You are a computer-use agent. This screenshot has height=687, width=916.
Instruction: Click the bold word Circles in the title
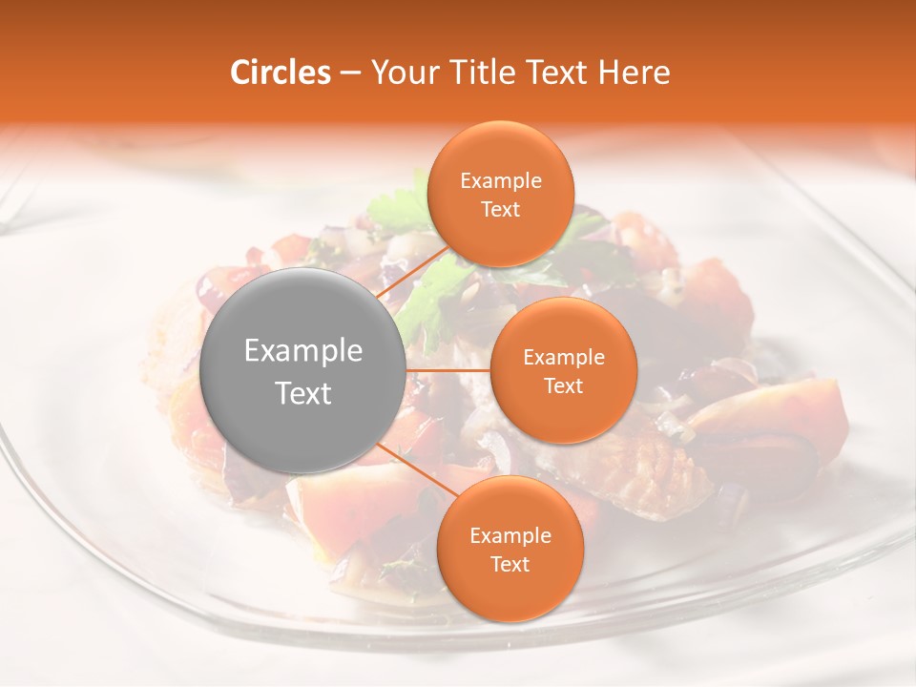[x=281, y=73]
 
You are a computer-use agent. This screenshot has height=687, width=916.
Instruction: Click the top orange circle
[x=500, y=194]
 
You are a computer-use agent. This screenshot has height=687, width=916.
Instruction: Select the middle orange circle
[x=563, y=370]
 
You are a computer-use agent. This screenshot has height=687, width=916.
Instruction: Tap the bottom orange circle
[x=510, y=549]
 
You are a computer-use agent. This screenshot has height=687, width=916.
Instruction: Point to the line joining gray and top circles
[x=412, y=276]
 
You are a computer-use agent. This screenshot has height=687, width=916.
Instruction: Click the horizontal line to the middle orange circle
[x=448, y=370]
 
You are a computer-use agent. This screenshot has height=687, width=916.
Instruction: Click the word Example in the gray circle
[x=303, y=350]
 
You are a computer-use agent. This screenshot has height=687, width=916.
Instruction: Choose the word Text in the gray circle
[x=303, y=392]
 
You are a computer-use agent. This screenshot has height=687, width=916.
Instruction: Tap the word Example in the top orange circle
[x=501, y=180]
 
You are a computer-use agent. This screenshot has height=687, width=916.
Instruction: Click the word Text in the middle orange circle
[x=563, y=385]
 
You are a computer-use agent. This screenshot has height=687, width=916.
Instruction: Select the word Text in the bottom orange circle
[x=510, y=564]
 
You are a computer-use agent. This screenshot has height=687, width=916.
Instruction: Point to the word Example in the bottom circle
[x=510, y=535]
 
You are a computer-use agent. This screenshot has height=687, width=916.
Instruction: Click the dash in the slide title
[x=349, y=73]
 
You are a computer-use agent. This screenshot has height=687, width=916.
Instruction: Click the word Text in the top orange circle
[x=500, y=209]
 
